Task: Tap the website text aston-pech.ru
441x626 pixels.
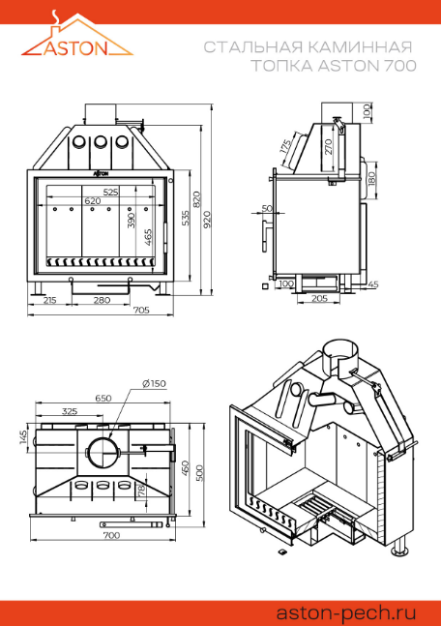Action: click(346, 612)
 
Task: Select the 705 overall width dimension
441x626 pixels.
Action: click(141, 310)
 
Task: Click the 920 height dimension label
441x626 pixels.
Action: click(207, 220)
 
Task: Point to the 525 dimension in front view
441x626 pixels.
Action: click(110, 192)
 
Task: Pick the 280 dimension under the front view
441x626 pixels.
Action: click(102, 300)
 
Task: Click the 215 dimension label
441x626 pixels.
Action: click(49, 300)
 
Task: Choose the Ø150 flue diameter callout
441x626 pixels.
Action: click(154, 384)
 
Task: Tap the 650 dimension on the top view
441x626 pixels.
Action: click(103, 398)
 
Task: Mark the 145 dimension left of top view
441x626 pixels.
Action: click(23, 436)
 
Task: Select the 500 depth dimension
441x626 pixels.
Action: click(199, 473)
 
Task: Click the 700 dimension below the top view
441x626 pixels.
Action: click(111, 535)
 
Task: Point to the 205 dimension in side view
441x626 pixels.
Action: click(319, 298)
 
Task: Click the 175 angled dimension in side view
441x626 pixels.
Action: click(285, 147)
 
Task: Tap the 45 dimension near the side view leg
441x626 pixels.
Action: click(373, 284)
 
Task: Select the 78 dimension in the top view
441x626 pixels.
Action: click(141, 490)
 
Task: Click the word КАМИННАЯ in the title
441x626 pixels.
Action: click(361, 47)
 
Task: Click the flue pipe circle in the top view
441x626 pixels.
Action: click(103, 453)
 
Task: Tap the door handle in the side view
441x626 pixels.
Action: click(265, 235)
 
